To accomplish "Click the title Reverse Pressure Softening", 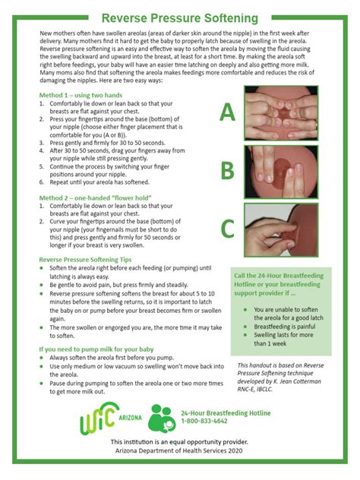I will click(x=180, y=17).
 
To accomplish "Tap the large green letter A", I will click(x=227, y=112).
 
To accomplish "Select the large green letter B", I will click(x=227, y=171).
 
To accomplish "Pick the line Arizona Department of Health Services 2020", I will click(x=179, y=450).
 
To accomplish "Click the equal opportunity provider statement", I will click(x=179, y=441).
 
